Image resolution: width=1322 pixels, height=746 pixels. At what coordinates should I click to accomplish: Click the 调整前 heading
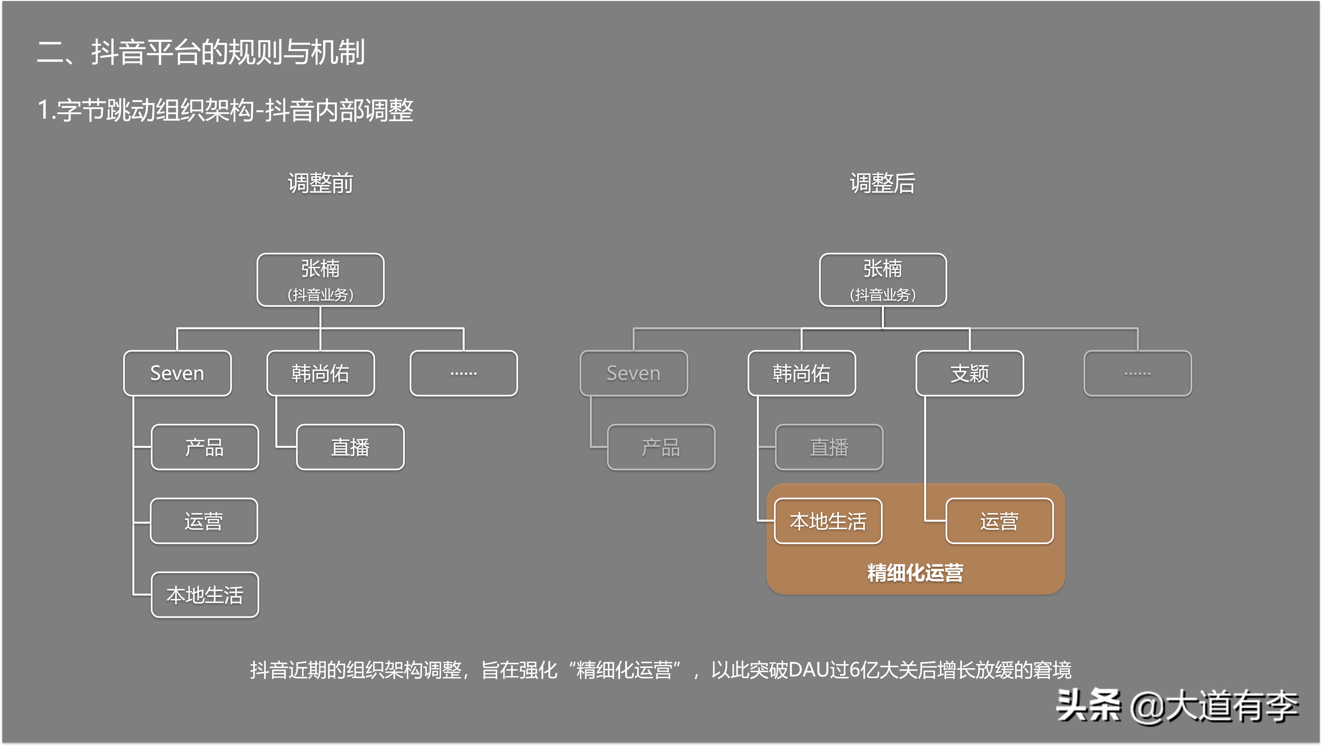click(x=320, y=183)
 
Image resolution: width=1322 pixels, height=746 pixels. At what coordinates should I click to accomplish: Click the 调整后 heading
click(x=882, y=183)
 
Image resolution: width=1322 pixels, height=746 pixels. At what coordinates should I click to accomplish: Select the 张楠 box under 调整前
click(x=320, y=280)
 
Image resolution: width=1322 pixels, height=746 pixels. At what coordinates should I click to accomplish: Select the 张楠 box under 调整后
click(x=883, y=280)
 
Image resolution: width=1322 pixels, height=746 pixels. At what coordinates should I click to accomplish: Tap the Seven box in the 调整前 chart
click(x=177, y=373)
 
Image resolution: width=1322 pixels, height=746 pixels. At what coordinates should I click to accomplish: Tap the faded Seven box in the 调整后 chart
click(x=634, y=373)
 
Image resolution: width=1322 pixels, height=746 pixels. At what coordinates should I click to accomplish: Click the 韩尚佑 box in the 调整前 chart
click(x=320, y=373)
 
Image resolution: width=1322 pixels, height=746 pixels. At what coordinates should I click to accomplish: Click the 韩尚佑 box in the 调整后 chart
click(x=802, y=373)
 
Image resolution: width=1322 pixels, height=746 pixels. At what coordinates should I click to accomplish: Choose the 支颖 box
click(x=969, y=373)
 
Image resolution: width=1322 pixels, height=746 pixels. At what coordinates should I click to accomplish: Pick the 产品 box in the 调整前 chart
click(x=205, y=447)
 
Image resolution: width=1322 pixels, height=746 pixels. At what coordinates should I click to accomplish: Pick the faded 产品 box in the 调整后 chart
click(x=661, y=447)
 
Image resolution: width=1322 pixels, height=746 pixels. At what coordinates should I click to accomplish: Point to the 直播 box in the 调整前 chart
click(x=350, y=447)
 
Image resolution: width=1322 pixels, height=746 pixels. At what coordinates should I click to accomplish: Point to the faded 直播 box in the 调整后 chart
click(x=829, y=447)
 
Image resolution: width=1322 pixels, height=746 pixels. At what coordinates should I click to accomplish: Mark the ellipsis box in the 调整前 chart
click(x=463, y=373)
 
